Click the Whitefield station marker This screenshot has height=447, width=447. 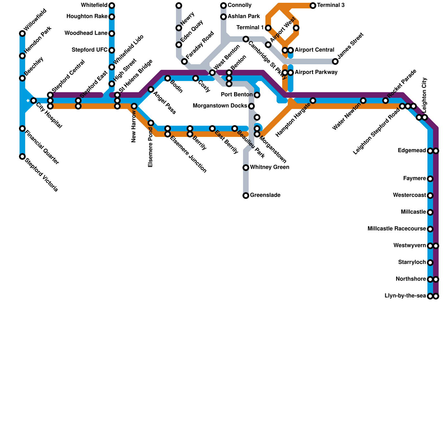(112, 6)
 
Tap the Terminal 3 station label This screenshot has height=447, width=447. (331, 5)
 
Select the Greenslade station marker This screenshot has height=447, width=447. (246, 196)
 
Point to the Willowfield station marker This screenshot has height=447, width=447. (22, 34)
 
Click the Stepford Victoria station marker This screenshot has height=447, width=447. (22, 156)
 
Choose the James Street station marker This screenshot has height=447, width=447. (335, 61)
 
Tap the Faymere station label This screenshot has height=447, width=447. (415, 179)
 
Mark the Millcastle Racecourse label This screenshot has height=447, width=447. (397, 229)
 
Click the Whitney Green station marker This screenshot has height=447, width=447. (246, 168)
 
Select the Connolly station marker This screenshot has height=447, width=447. (223, 6)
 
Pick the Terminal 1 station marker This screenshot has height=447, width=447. (268, 28)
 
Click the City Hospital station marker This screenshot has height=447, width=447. (34, 101)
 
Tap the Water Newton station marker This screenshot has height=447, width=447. (363, 101)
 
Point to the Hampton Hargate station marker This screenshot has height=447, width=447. (313, 101)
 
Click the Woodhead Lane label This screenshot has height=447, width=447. (86, 33)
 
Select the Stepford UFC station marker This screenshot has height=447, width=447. (112, 50)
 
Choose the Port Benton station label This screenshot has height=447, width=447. (237, 95)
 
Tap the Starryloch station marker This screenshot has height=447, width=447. (430, 263)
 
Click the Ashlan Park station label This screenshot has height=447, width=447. (244, 16)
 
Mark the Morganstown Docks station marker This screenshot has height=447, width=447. (251, 106)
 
